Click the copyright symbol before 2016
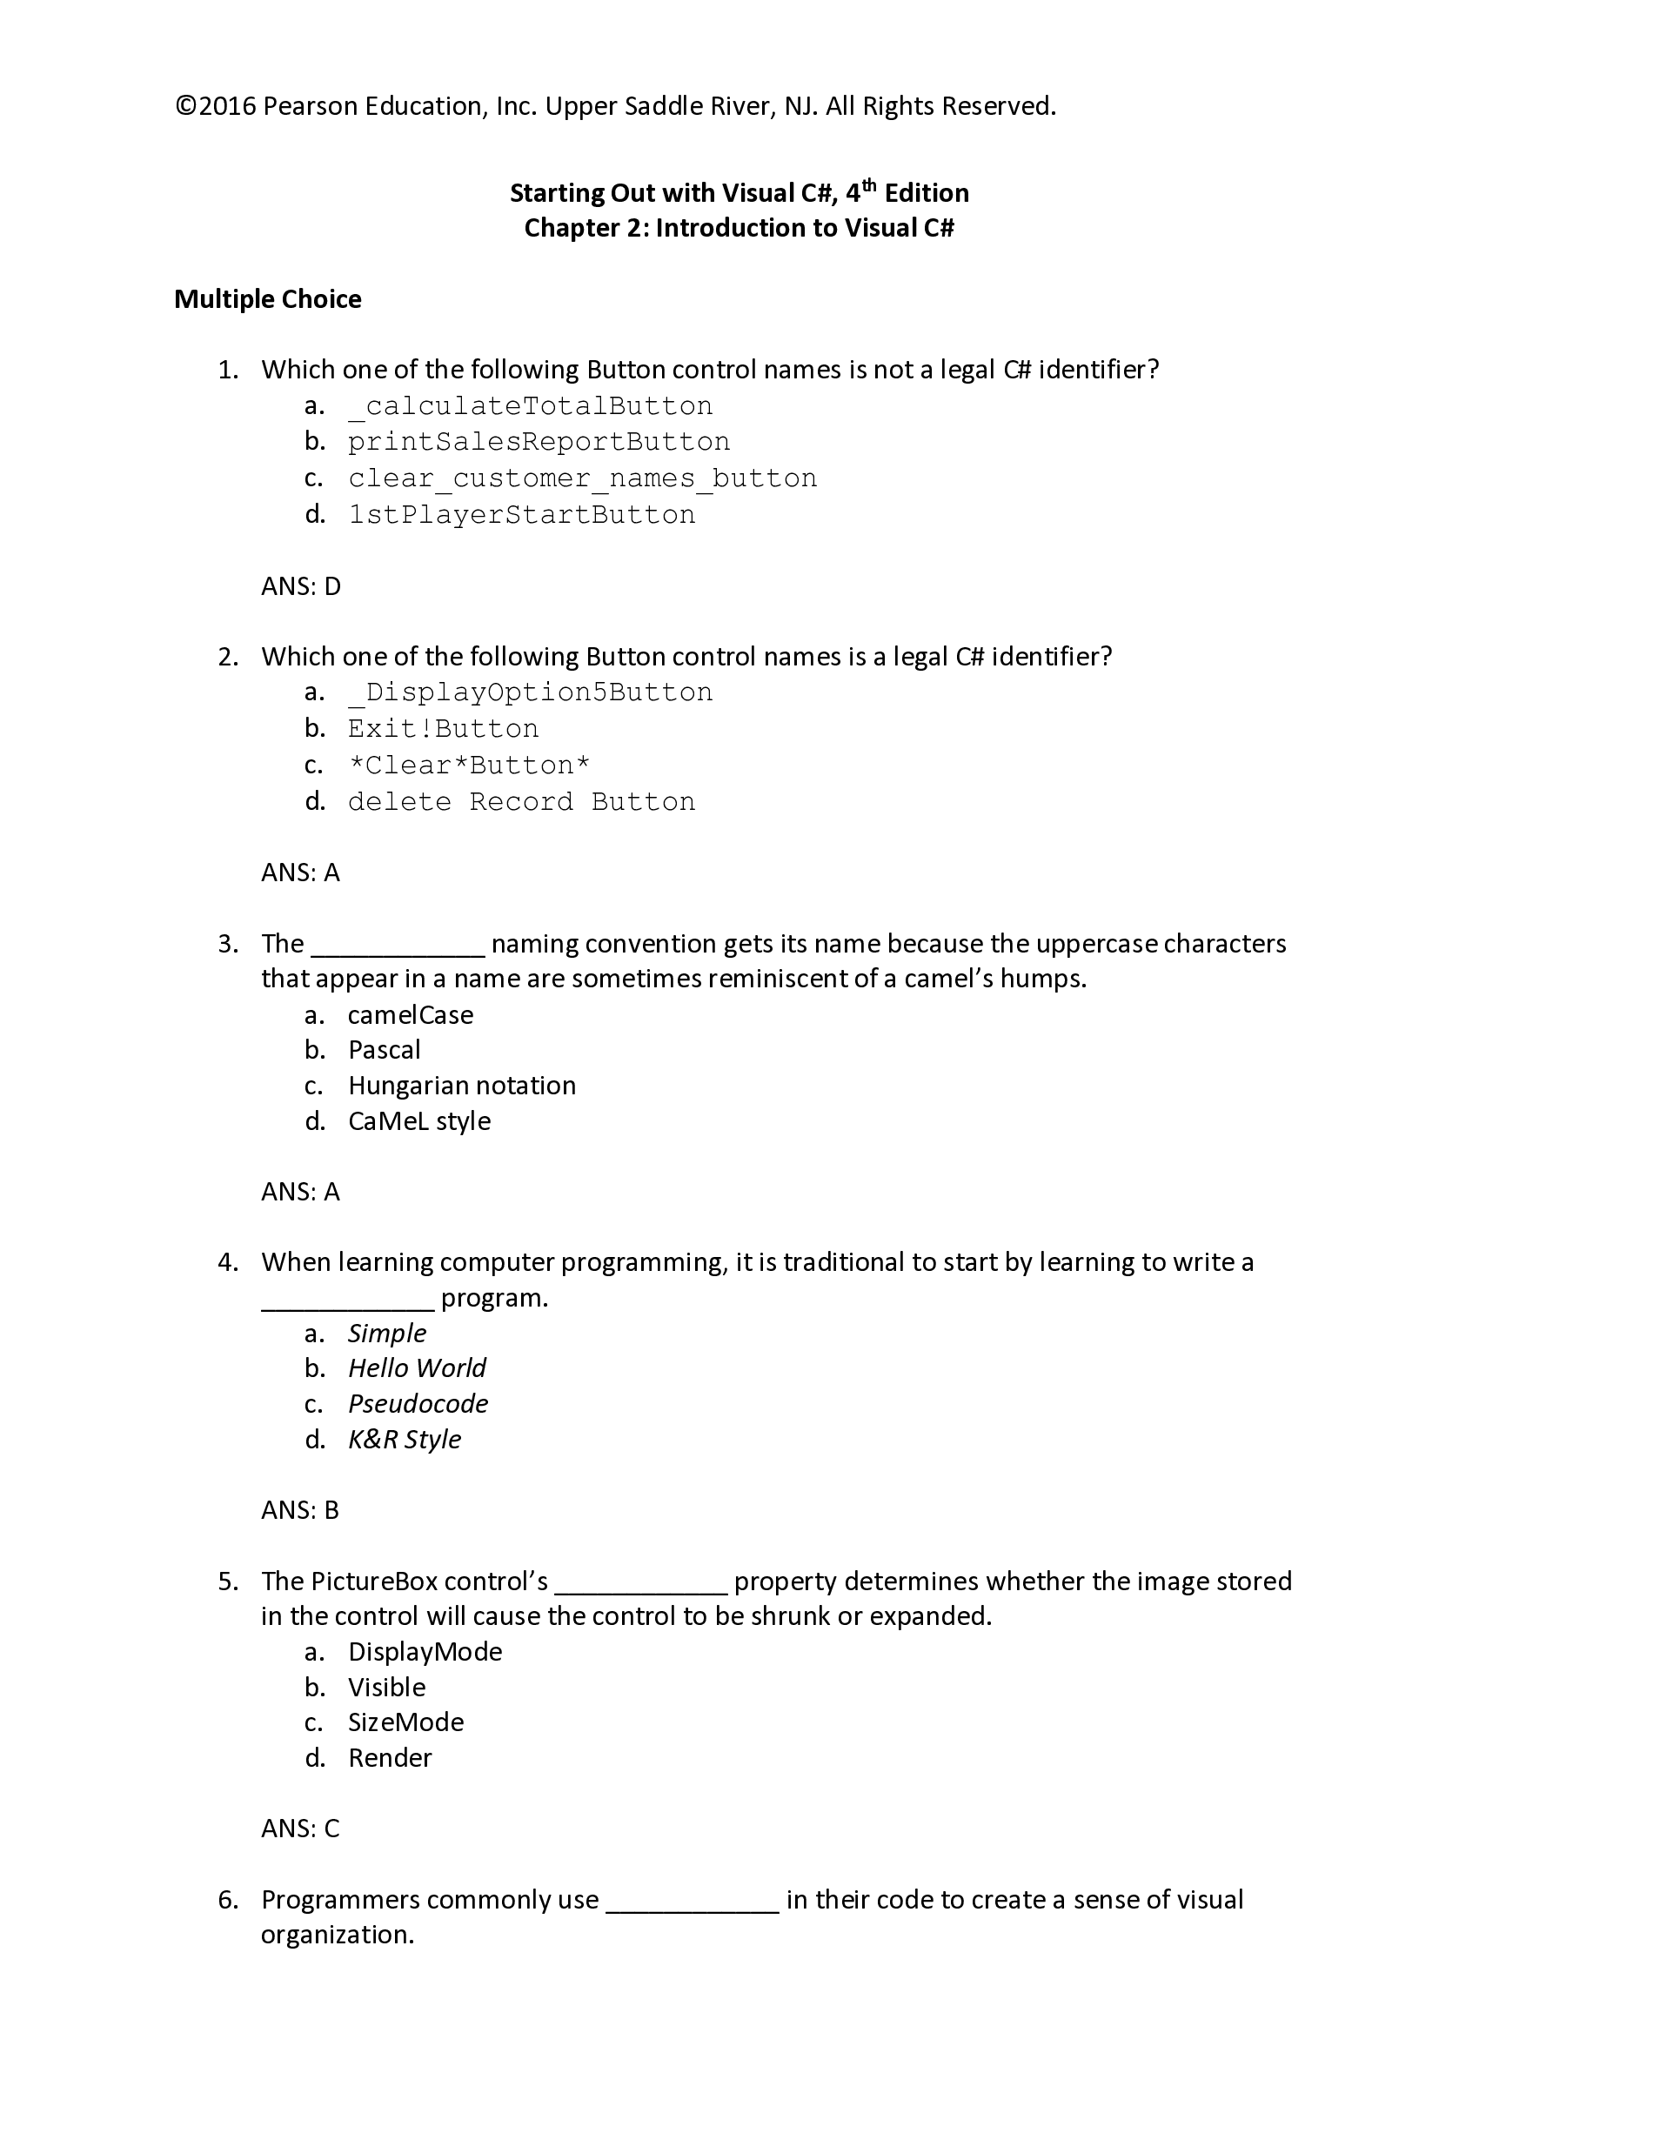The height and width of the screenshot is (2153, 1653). point(186,106)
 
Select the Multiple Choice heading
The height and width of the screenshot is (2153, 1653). point(268,299)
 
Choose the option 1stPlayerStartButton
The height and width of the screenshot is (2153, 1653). point(521,514)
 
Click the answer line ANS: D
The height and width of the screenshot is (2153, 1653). point(300,586)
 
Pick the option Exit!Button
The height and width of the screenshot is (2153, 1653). point(443,729)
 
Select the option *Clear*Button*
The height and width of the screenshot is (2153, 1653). point(469,766)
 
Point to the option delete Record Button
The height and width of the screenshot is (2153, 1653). point(521,801)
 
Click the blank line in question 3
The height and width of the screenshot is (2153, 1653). point(398,946)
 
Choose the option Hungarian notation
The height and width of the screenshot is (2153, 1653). point(461,1086)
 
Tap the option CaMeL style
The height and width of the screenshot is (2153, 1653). point(419,1121)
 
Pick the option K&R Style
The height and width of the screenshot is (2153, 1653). point(405,1439)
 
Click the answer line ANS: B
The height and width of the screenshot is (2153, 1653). point(300,1510)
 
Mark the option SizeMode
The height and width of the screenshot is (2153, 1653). point(405,1722)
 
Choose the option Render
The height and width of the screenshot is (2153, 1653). point(390,1757)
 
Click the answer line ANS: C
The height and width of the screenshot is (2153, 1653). point(300,1829)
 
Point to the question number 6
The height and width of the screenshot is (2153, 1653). point(228,1899)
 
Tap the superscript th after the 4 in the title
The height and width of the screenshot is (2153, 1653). point(868,184)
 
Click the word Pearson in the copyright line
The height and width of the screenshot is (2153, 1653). point(310,106)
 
